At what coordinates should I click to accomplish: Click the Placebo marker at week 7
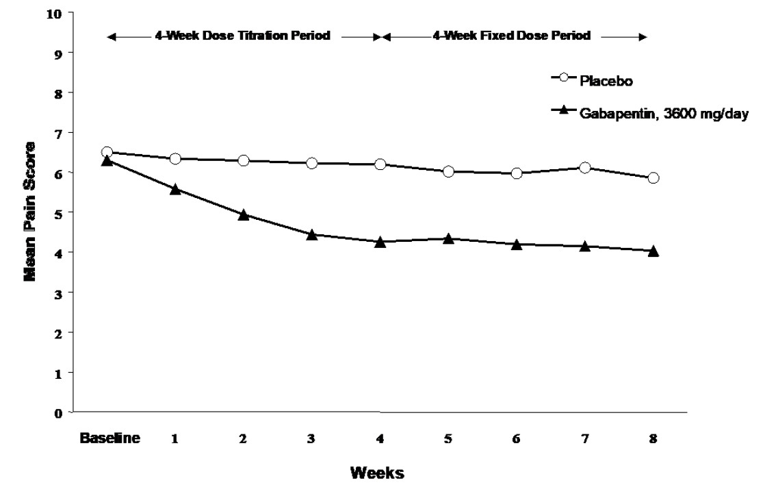click(x=584, y=168)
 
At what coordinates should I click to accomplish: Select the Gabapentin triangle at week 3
click(x=311, y=235)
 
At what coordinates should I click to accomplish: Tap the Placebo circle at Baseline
click(x=107, y=152)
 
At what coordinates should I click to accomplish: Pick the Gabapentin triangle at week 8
click(x=653, y=251)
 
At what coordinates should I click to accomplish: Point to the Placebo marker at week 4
click(x=380, y=164)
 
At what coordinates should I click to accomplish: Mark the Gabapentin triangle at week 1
click(x=175, y=189)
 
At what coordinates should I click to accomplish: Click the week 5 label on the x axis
click(x=448, y=440)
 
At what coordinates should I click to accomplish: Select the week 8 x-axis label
click(x=653, y=440)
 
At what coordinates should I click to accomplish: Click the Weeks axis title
click(x=376, y=473)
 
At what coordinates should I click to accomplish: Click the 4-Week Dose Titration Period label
click(x=242, y=36)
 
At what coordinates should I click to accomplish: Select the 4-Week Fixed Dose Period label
click(x=510, y=36)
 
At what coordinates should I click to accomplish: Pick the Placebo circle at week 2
click(x=243, y=160)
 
